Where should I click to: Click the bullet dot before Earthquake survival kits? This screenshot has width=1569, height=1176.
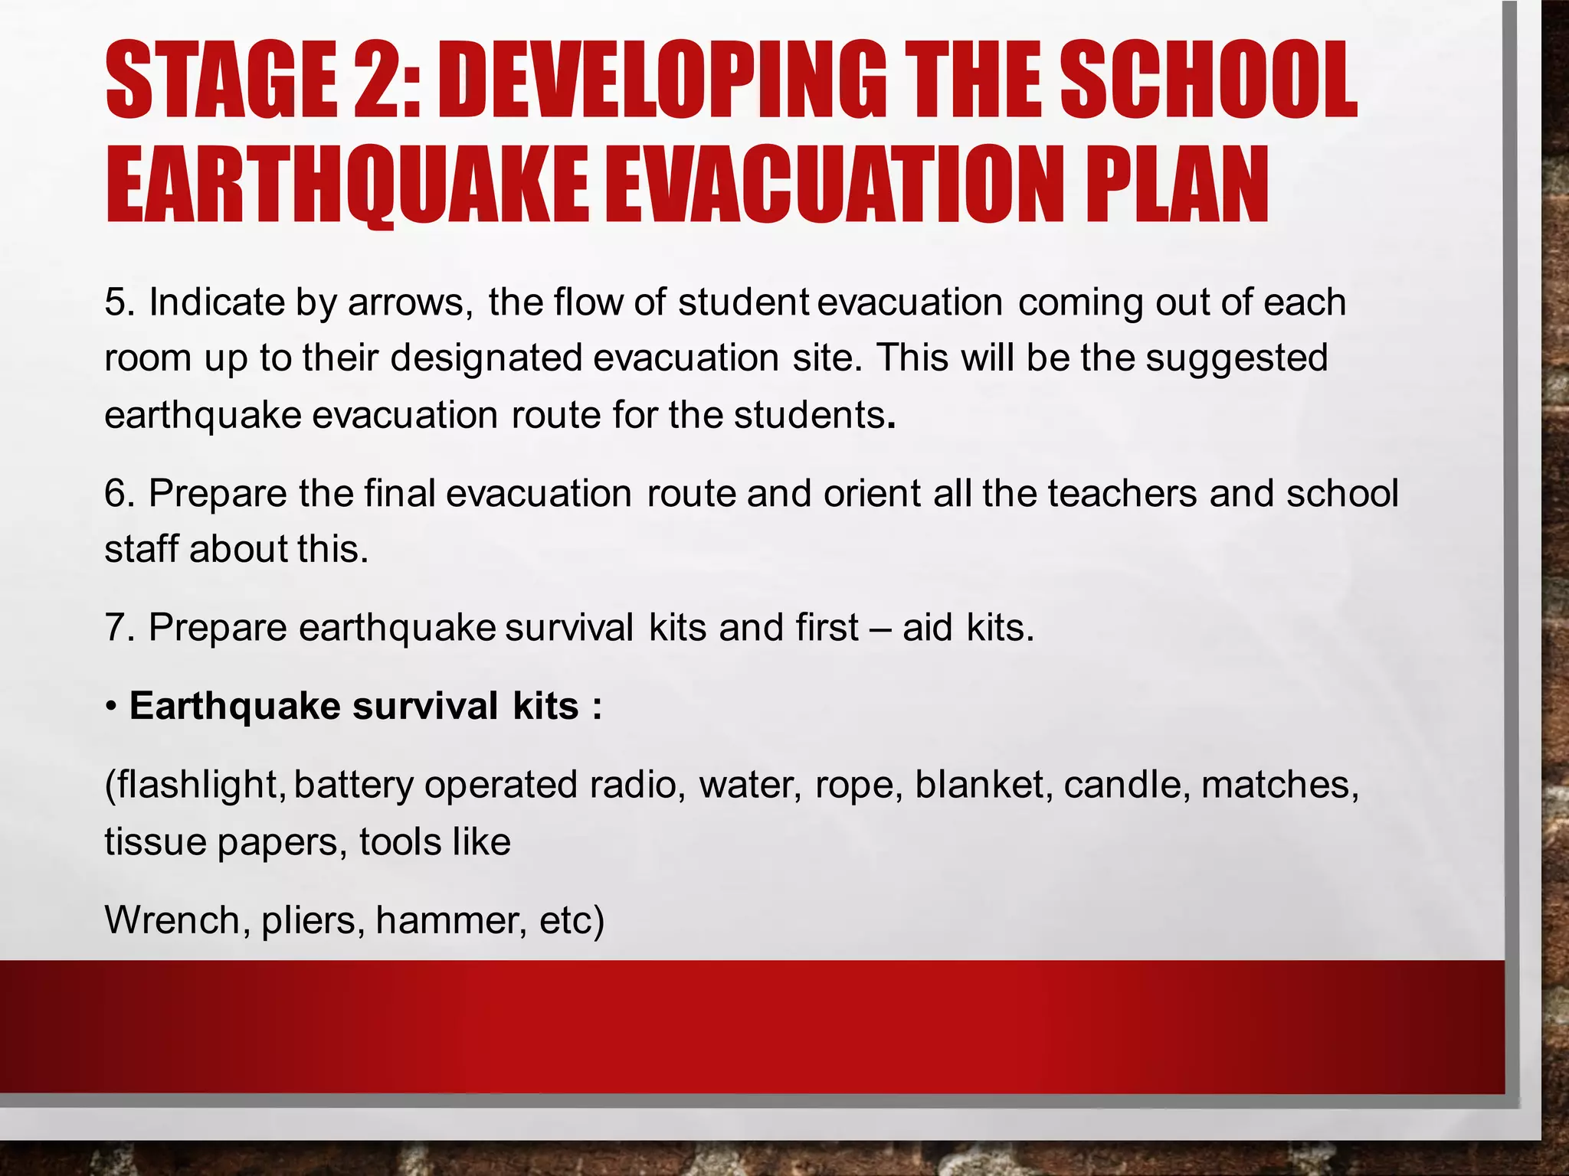[112, 707]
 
